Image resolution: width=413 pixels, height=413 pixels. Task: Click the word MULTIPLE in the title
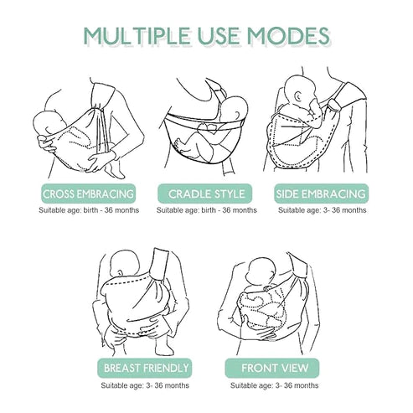[x=137, y=35]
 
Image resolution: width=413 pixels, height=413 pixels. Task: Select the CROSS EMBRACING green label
[x=88, y=194]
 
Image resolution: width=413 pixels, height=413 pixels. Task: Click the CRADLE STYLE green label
[x=206, y=194]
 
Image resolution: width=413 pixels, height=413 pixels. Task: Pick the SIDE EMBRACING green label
[x=321, y=194]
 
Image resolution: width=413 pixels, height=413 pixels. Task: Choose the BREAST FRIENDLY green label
[x=145, y=368]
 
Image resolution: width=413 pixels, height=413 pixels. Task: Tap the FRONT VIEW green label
[x=272, y=368]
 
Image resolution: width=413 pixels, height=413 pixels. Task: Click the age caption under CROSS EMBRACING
[x=89, y=210]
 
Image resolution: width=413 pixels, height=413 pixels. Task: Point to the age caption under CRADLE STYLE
[x=207, y=210]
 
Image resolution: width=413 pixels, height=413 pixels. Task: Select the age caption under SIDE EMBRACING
[x=323, y=210]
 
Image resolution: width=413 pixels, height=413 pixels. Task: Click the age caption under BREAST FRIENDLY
[x=145, y=385]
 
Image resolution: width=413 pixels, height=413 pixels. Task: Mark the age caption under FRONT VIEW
[x=274, y=385]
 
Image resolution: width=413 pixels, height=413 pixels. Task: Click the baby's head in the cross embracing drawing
[x=49, y=123]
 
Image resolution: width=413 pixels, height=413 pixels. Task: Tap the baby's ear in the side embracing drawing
[x=299, y=97]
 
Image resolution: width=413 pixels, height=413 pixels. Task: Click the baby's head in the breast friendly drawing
[x=125, y=264]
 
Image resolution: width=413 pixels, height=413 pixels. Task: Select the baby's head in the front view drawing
[x=261, y=271]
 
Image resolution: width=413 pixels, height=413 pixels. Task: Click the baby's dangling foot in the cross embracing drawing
[x=115, y=169]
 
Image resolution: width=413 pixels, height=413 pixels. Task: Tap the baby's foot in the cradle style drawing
[x=179, y=145]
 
